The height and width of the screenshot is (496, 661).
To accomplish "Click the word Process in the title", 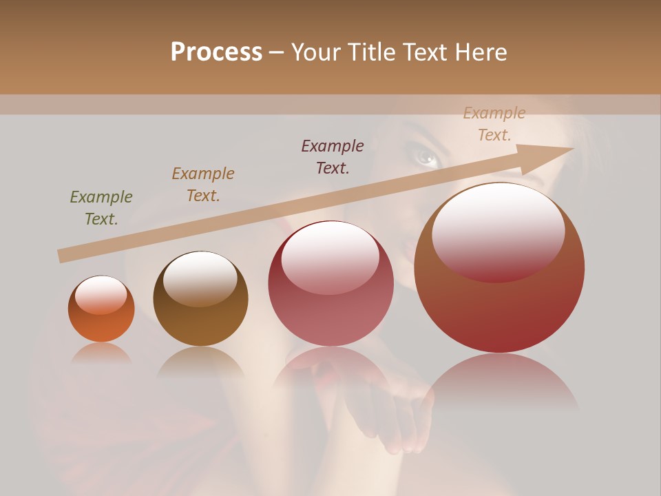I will [216, 52].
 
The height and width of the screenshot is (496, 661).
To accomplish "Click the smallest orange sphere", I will [101, 309].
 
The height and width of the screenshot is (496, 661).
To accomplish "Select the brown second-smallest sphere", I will [200, 299].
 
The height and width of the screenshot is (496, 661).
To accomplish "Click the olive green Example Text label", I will [101, 208].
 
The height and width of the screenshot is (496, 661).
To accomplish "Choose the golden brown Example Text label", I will [203, 185].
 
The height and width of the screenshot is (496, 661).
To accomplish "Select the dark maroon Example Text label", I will [333, 157].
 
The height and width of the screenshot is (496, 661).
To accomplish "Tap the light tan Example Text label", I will [494, 124].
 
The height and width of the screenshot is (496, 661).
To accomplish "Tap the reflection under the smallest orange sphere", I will [101, 353].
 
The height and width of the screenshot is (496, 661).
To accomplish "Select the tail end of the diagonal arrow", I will [62, 256].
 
